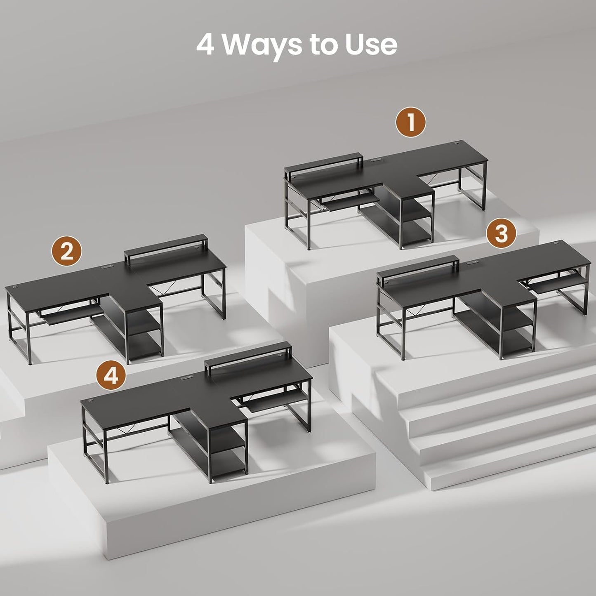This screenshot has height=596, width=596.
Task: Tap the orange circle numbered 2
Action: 67,251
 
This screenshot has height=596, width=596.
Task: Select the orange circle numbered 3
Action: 501,234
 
